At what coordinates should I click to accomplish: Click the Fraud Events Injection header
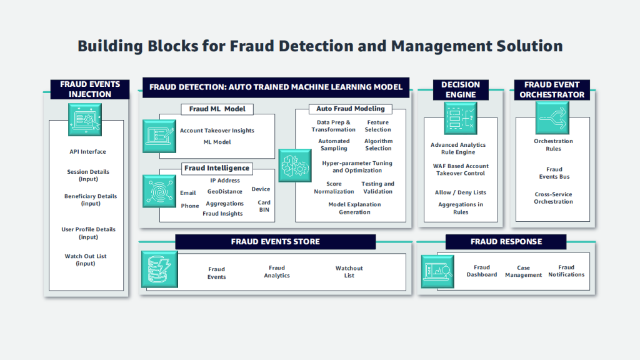(x=90, y=89)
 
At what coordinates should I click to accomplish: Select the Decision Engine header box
(x=461, y=89)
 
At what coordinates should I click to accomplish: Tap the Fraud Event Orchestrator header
(x=552, y=89)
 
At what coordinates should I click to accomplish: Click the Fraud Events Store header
(x=275, y=242)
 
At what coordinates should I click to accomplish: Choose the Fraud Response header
(x=506, y=242)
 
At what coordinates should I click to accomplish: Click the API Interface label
(x=87, y=152)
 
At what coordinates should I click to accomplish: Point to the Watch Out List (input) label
(x=86, y=260)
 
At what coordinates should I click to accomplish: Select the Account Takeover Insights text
(x=217, y=131)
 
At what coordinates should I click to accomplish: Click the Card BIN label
(x=264, y=206)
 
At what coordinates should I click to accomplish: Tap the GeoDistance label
(x=225, y=192)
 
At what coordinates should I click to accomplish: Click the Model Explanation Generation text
(x=354, y=208)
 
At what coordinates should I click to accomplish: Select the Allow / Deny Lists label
(x=461, y=192)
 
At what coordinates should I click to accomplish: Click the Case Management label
(x=524, y=271)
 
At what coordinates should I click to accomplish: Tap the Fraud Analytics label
(x=277, y=272)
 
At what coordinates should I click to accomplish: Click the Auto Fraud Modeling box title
(x=350, y=109)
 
